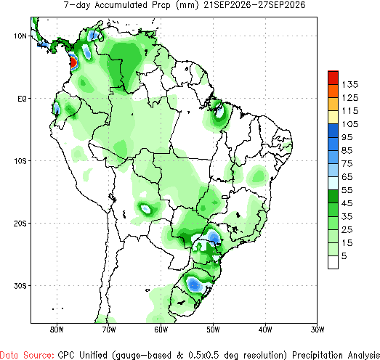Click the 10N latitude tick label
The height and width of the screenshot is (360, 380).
pyautogui.click(x=20, y=36)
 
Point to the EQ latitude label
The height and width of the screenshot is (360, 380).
pyautogui.click(x=22, y=99)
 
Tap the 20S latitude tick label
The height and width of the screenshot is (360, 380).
pyautogui.click(x=20, y=224)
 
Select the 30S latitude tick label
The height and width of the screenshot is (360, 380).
pyautogui.click(x=20, y=286)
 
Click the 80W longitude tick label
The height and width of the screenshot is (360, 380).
pyautogui.click(x=57, y=330)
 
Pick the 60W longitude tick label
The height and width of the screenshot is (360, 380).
pyautogui.click(x=161, y=330)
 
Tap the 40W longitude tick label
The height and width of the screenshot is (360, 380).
pyautogui.click(x=265, y=330)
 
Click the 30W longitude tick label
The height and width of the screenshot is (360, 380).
pyautogui.click(x=318, y=330)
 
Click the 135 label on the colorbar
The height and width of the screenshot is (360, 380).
pyautogui.click(x=350, y=85)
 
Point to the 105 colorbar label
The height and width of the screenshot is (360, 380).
pyautogui.click(x=350, y=124)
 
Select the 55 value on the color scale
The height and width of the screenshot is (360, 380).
pyautogui.click(x=347, y=190)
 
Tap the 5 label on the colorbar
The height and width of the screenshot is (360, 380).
pyautogui.click(x=344, y=256)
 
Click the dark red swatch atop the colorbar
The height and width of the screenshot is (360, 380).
pyautogui.click(x=333, y=78)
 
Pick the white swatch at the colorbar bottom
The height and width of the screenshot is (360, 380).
pyautogui.click(x=333, y=262)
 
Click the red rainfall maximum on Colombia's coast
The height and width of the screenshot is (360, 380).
pyautogui.click(x=73, y=62)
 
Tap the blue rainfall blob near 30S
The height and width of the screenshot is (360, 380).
pyautogui.click(x=195, y=285)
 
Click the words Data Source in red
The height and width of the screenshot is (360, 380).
pyautogui.click(x=27, y=355)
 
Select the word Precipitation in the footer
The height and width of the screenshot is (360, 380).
pyautogui.click(x=318, y=355)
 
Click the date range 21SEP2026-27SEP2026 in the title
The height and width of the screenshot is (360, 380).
pyautogui.click(x=254, y=5)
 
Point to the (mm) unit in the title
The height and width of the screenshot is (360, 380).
pyautogui.click(x=187, y=5)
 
